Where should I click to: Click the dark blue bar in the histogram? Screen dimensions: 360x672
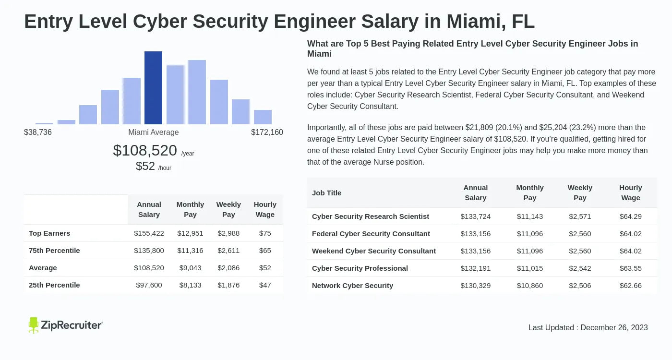click(x=153, y=88)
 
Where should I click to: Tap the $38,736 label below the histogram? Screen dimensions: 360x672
click(x=38, y=132)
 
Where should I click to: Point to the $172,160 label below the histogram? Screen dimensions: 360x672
click(x=267, y=132)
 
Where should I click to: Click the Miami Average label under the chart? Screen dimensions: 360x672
click(x=153, y=132)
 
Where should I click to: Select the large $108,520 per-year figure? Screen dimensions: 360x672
click(x=145, y=151)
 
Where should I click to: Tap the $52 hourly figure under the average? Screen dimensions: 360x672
click(x=145, y=167)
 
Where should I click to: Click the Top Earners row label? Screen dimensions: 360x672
click(x=49, y=233)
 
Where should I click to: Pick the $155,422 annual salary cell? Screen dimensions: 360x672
click(x=149, y=233)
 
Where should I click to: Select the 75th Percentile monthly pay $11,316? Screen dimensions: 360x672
click(x=190, y=251)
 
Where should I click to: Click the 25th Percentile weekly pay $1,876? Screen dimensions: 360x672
click(x=228, y=285)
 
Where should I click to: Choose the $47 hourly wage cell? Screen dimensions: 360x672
click(x=265, y=285)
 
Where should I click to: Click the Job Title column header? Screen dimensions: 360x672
click(x=326, y=193)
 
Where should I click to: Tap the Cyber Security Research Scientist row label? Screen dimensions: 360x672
click(x=371, y=216)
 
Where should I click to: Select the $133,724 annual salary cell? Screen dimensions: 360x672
click(x=476, y=216)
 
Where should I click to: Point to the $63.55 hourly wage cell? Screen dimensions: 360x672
click(x=631, y=268)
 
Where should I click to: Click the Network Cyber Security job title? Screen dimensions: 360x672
click(x=352, y=286)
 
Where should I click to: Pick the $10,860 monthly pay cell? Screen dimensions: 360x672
click(x=530, y=286)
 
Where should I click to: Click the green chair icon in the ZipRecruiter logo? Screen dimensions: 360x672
click(x=33, y=325)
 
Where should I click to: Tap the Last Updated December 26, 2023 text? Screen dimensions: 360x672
click(x=588, y=328)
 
